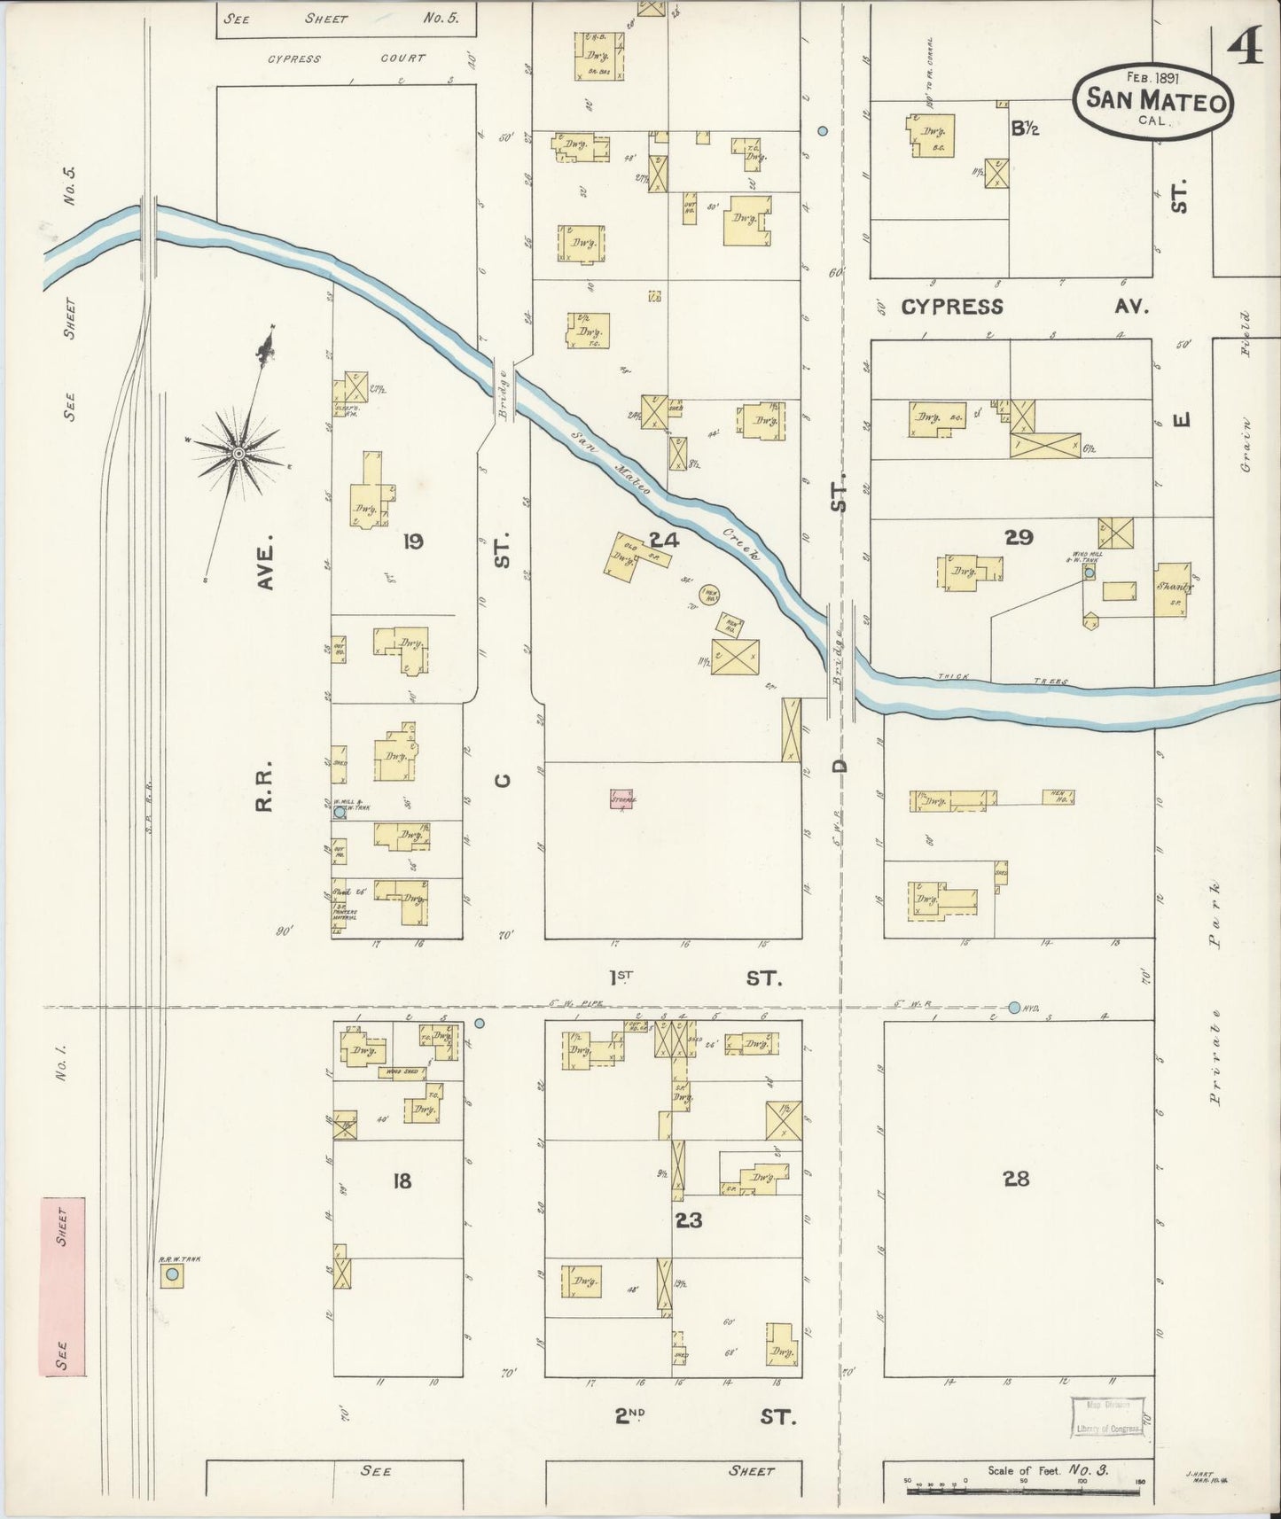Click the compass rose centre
[x=238, y=453]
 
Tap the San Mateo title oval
[x=1155, y=101]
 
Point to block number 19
[x=412, y=540]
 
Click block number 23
[x=689, y=1219]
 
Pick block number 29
[x=1019, y=536]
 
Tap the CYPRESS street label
[x=952, y=307]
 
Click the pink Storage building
[x=623, y=798]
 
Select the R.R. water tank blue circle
[x=173, y=1275]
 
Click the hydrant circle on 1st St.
[x=1014, y=1007]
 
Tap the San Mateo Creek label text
[x=665, y=495]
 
